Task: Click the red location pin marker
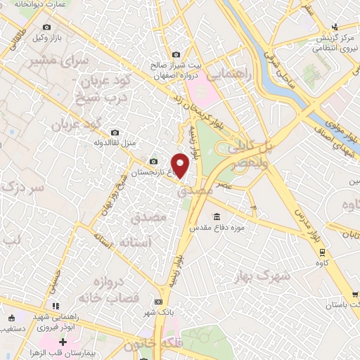click(x=181, y=165)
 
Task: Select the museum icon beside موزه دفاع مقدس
click(x=216, y=216)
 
